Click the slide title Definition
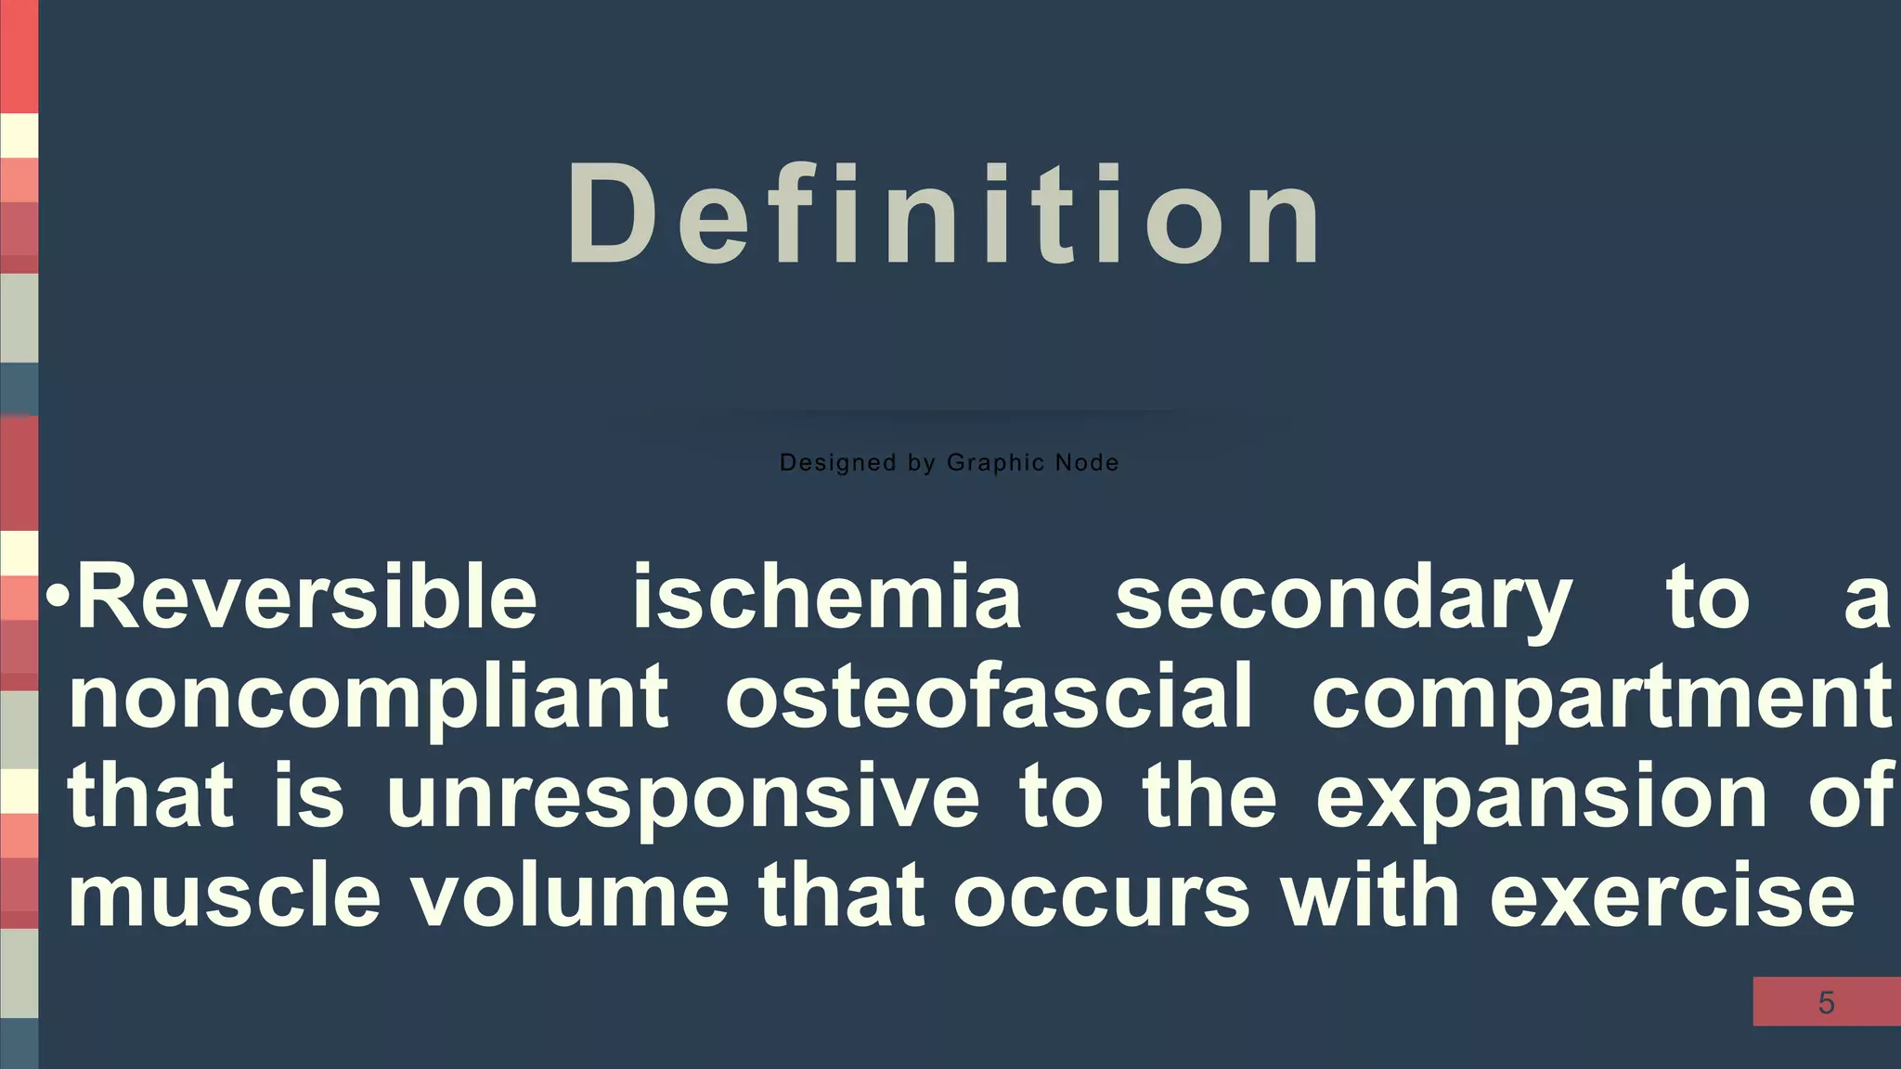coord(944,215)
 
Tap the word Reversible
coord(307,598)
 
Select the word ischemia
coord(827,598)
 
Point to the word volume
coord(570,896)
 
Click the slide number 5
coord(1826,1003)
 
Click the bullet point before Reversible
coord(58,597)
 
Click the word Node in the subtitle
coord(1087,462)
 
